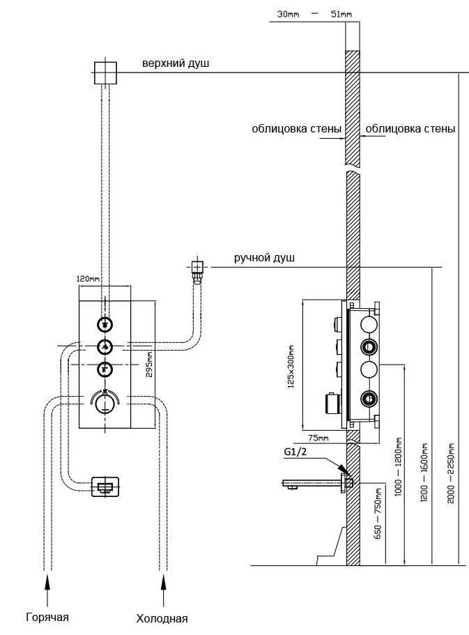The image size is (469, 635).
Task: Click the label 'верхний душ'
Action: tap(176, 64)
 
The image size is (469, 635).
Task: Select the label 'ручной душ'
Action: tap(264, 258)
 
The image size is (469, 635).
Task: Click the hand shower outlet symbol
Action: tap(197, 268)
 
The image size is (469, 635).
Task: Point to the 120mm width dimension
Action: tap(88, 278)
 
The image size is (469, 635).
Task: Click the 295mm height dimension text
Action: tap(148, 362)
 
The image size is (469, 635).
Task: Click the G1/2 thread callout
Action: tap(295, 452)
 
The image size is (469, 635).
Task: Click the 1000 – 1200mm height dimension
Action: tap(399, 468)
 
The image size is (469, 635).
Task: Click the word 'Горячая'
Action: tap(47, 617)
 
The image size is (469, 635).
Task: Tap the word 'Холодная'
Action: tap(162, 618)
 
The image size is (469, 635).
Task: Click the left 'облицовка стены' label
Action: tap(297, 129)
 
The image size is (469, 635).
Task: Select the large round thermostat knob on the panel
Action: tap(105, 405)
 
